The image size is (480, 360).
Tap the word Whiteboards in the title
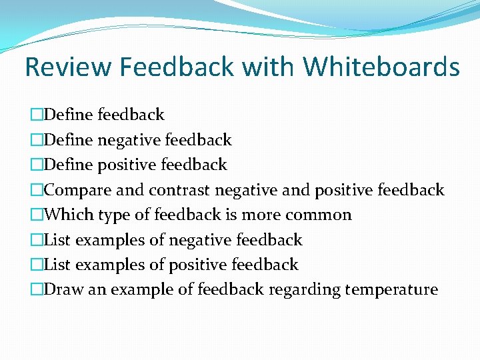(381, 67)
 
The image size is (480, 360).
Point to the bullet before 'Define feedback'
(36, 115)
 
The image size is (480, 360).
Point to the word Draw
(63, 290)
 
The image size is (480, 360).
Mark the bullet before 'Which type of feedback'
(36, 215)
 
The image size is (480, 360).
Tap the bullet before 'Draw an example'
(36, 290)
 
